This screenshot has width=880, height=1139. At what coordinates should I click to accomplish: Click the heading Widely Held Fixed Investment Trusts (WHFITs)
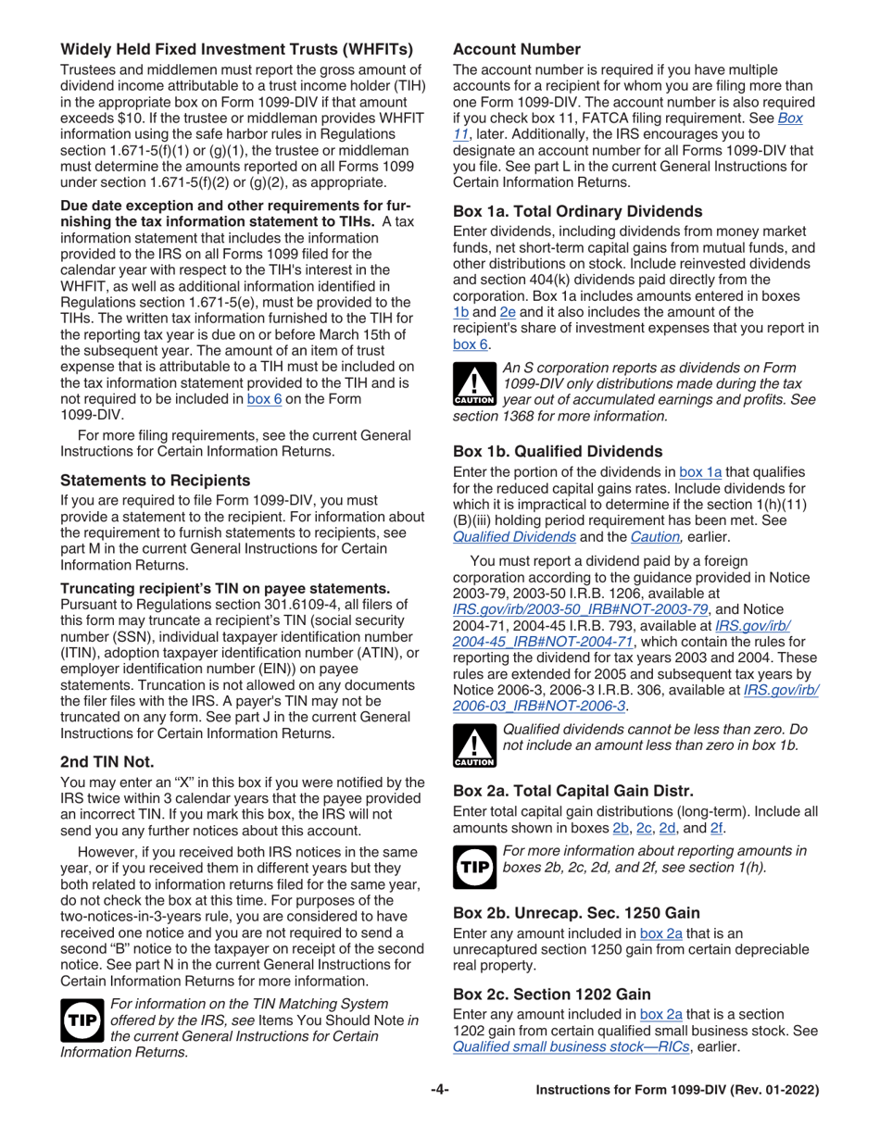click(x=237, y=49)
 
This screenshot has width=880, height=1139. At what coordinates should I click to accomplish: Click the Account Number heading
click(x=517, y=49)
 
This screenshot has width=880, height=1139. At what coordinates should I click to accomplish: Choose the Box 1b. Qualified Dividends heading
click(x=558, y=451)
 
